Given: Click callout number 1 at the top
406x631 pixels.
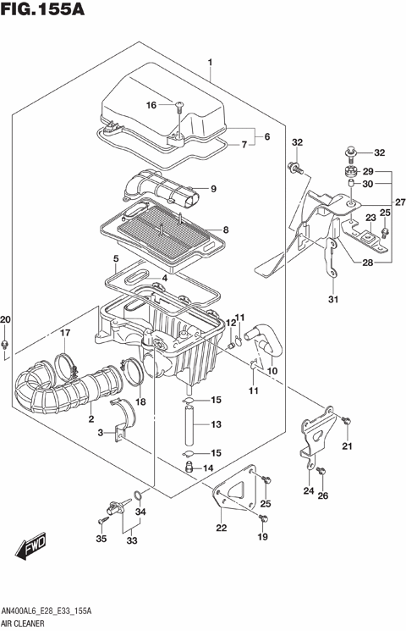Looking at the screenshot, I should click(x=210, y=61).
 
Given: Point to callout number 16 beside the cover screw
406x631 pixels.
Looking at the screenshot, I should click(x=151, y=105).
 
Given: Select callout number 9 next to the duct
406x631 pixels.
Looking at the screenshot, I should click(x=214, y=189).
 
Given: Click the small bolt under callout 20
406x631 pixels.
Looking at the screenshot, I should click(x=7, y=344).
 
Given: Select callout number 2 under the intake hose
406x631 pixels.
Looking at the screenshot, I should click(x=91, y=418).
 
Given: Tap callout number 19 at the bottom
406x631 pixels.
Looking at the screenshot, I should click(x=263, y=537).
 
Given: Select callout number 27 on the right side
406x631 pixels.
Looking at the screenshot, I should click(x=399, y=202).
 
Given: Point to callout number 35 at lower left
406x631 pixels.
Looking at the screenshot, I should click(x=101, y=538).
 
